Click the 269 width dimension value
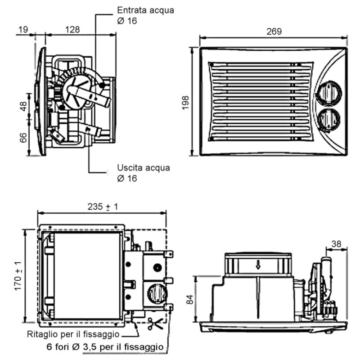pos(274,31)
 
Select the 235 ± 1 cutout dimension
pos(103,207)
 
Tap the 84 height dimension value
pos(190,298)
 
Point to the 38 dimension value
pos(336,243)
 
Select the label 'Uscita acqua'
pos(144,168)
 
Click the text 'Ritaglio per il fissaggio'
pos(73,334)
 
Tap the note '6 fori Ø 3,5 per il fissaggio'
pos(105,347)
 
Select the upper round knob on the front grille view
pos(329,93)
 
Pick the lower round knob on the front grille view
pos(329,119)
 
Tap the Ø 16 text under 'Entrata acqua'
pos(126,21)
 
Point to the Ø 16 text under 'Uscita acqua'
pos(126,178)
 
